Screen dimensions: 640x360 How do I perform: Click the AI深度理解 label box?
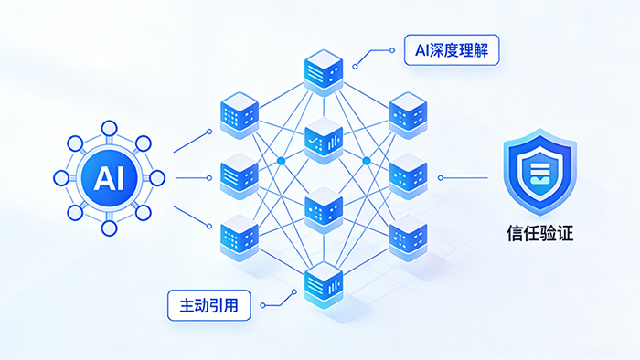pyautogui.click(x=452, y=50)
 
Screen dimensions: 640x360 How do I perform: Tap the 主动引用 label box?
pyautogui.click(x=209, y=305)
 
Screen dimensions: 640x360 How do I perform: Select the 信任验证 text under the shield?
pyautogui.click(x=540, y=233)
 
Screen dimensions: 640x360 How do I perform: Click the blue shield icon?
pyautogui.click(x=540, y=172)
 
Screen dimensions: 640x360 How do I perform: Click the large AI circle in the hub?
pyautogui.click(x=109, y=178)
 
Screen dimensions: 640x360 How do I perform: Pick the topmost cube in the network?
pyautogui.click(x=324, y=72)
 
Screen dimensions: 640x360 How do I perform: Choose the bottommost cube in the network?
pyautogui.click(x=324, y=285)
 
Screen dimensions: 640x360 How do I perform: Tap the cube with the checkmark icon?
pyautogui.click(x=324, y=141)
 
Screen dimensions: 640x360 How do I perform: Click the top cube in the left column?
pyautogui.click(x=240, y=115)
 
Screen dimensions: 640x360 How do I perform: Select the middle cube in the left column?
pyautogui.click(x=240, y=176)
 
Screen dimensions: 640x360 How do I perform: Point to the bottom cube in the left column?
pyautogui.click(x=240, y=238)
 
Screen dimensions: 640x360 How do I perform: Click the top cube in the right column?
pyautogui.click(x=408, y=115)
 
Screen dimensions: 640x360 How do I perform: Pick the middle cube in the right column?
pyautogui.click(x=408, y=176)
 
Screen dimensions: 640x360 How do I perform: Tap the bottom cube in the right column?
pyautogui.click(x=408, y=238)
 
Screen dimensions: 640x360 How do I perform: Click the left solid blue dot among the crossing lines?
pyautogui.click(x=281, y=161)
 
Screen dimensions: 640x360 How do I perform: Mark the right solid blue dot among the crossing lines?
pyautogui.click(x=367, y=161)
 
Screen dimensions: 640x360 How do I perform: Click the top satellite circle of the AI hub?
pyautogui.click(x=109, y=129)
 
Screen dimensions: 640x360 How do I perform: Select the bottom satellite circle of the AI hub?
pyautogui.click(x=109, y=228)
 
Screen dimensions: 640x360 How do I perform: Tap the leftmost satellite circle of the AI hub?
pyautogui.click(x=61, y=178)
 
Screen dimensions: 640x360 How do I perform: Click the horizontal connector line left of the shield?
pyautogui.click(x=464, y=178)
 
